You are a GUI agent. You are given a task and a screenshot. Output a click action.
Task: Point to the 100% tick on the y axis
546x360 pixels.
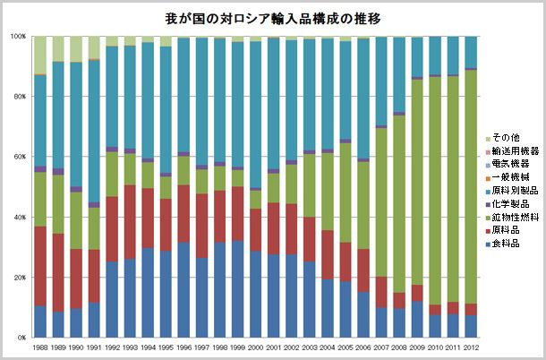coord(18,37)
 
